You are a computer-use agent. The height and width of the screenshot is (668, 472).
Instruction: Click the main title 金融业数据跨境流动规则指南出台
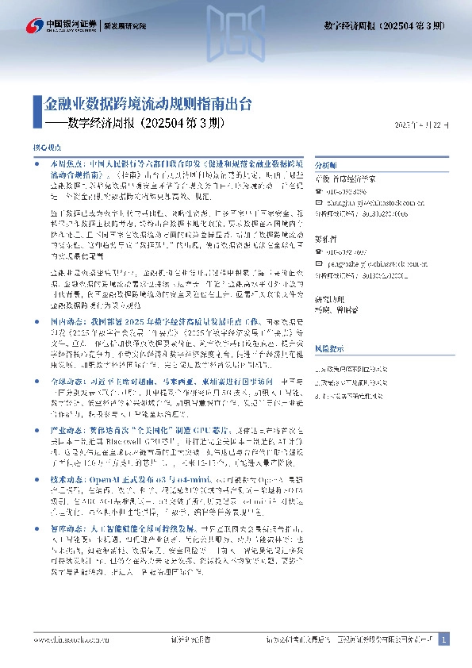tap(148, 103)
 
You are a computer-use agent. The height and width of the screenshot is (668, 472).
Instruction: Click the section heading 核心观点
tap(45, 148)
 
